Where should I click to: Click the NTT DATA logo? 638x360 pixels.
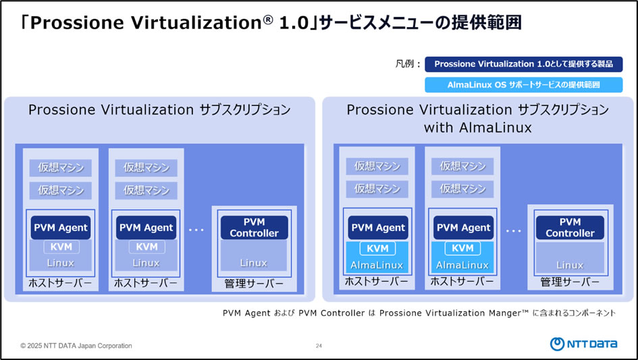tap(584, 344)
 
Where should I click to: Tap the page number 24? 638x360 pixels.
tap(319, 346)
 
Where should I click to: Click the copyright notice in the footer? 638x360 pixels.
tap(76, 346)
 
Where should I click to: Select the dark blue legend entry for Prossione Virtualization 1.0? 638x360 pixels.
tap(523, 64)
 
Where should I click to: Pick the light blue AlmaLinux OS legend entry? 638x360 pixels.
tap(523, 85)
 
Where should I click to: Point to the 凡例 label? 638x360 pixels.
tap(407, 65)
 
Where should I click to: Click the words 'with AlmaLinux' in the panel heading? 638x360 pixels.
tap(477, 127)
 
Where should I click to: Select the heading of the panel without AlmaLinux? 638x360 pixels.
tap(159, 110)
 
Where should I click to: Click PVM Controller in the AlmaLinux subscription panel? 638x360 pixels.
tap(570, 228)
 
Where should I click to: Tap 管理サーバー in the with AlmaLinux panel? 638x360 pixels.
tap(570, 282)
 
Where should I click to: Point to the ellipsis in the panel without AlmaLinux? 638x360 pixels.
tap(196, 230)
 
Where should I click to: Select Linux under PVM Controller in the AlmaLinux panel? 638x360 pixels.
tap(570, 265)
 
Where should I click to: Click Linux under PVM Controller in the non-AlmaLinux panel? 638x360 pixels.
tap(254, 263)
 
